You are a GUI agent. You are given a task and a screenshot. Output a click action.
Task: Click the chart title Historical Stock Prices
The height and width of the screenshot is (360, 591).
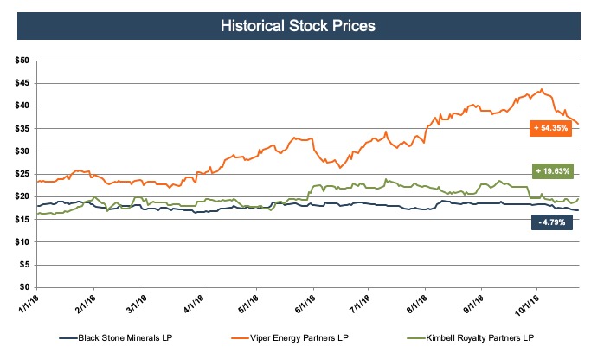click(x=295, y=27)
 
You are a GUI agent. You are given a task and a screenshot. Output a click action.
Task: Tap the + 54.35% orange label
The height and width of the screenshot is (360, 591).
click(x=551, y=127)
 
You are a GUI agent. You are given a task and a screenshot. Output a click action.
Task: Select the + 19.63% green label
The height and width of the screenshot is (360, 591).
click(x=551, y=171)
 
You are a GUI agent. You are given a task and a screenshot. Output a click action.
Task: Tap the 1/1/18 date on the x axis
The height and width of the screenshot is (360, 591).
click(x=28, y=303)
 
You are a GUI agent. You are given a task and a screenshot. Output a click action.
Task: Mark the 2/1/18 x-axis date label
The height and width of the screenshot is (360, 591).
click(x=83, y=303)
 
